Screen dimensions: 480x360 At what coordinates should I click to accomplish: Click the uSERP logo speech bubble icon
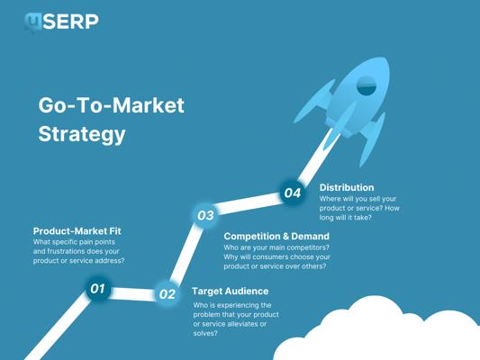(33, 22)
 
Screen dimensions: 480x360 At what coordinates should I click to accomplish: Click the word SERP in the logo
(71, 22)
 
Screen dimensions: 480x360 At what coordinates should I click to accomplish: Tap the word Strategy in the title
(82, 134)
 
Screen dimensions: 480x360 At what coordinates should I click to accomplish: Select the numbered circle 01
(97, 288)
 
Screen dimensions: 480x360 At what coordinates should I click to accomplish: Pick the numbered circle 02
(168, 293)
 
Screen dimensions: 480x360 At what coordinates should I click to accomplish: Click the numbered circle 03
(205, 215)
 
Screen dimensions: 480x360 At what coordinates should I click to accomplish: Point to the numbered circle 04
(293, 193)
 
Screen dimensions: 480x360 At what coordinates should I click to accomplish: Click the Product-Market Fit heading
(77, 231)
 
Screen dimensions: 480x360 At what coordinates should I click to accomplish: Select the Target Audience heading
(231, 292)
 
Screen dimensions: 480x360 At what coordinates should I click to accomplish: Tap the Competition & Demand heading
(276, 236)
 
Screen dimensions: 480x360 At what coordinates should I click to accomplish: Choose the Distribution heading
(347, 187)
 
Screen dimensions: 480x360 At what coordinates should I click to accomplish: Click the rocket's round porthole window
(367, 85)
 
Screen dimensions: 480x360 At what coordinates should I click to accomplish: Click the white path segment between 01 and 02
(132, 293)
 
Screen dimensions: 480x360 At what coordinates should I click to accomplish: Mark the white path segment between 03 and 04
(249, 203)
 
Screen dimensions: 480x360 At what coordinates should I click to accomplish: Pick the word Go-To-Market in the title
(111, 105)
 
